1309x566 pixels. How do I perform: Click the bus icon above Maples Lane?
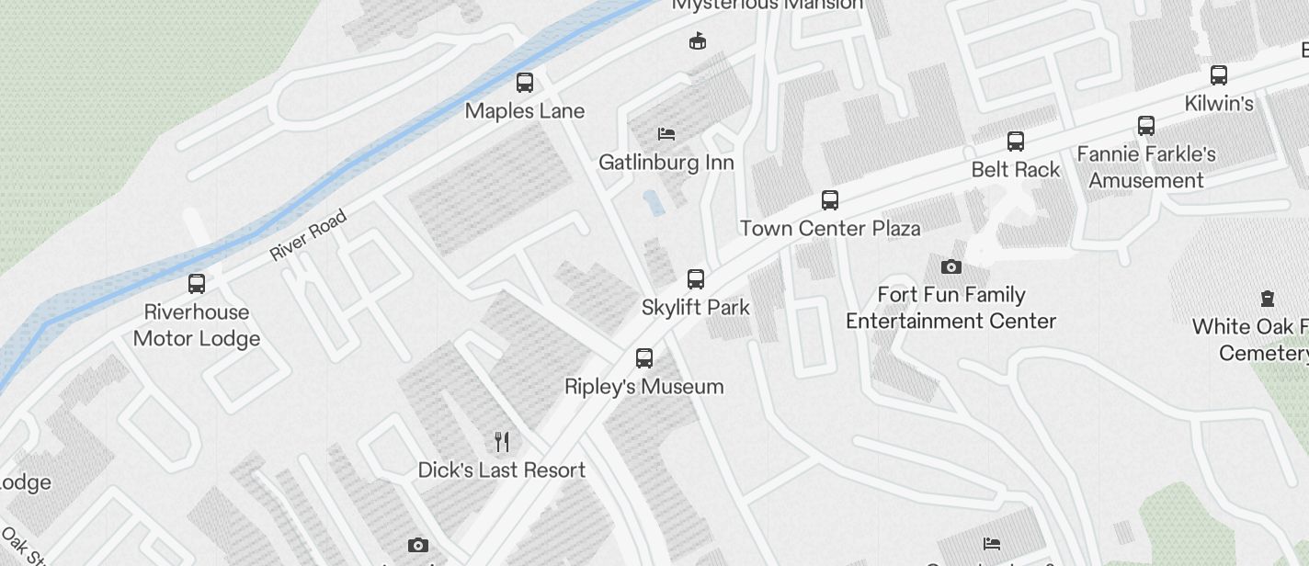525,83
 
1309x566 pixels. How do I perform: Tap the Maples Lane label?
525,111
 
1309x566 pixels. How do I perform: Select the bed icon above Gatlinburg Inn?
666,134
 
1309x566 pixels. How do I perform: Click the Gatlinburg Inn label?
666,163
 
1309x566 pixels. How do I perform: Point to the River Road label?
309,235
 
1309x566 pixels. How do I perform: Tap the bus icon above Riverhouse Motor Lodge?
197,284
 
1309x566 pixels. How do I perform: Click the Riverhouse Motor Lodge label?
197,325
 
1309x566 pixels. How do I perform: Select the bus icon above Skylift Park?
696,279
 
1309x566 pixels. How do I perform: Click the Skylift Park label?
696,308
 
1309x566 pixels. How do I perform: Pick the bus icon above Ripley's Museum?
644,358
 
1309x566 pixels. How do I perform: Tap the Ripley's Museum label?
644,387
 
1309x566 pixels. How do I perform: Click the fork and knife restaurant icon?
502,442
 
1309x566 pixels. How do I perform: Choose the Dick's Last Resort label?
502,470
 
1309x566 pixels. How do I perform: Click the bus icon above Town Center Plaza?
830,199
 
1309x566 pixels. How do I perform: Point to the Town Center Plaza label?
830,228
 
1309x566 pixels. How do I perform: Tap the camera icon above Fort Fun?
951,267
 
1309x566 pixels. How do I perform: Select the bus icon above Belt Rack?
1016,141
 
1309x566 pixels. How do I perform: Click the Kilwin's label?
1219,104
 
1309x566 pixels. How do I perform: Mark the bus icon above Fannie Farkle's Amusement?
1146,126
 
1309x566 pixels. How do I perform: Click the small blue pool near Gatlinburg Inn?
654,203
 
